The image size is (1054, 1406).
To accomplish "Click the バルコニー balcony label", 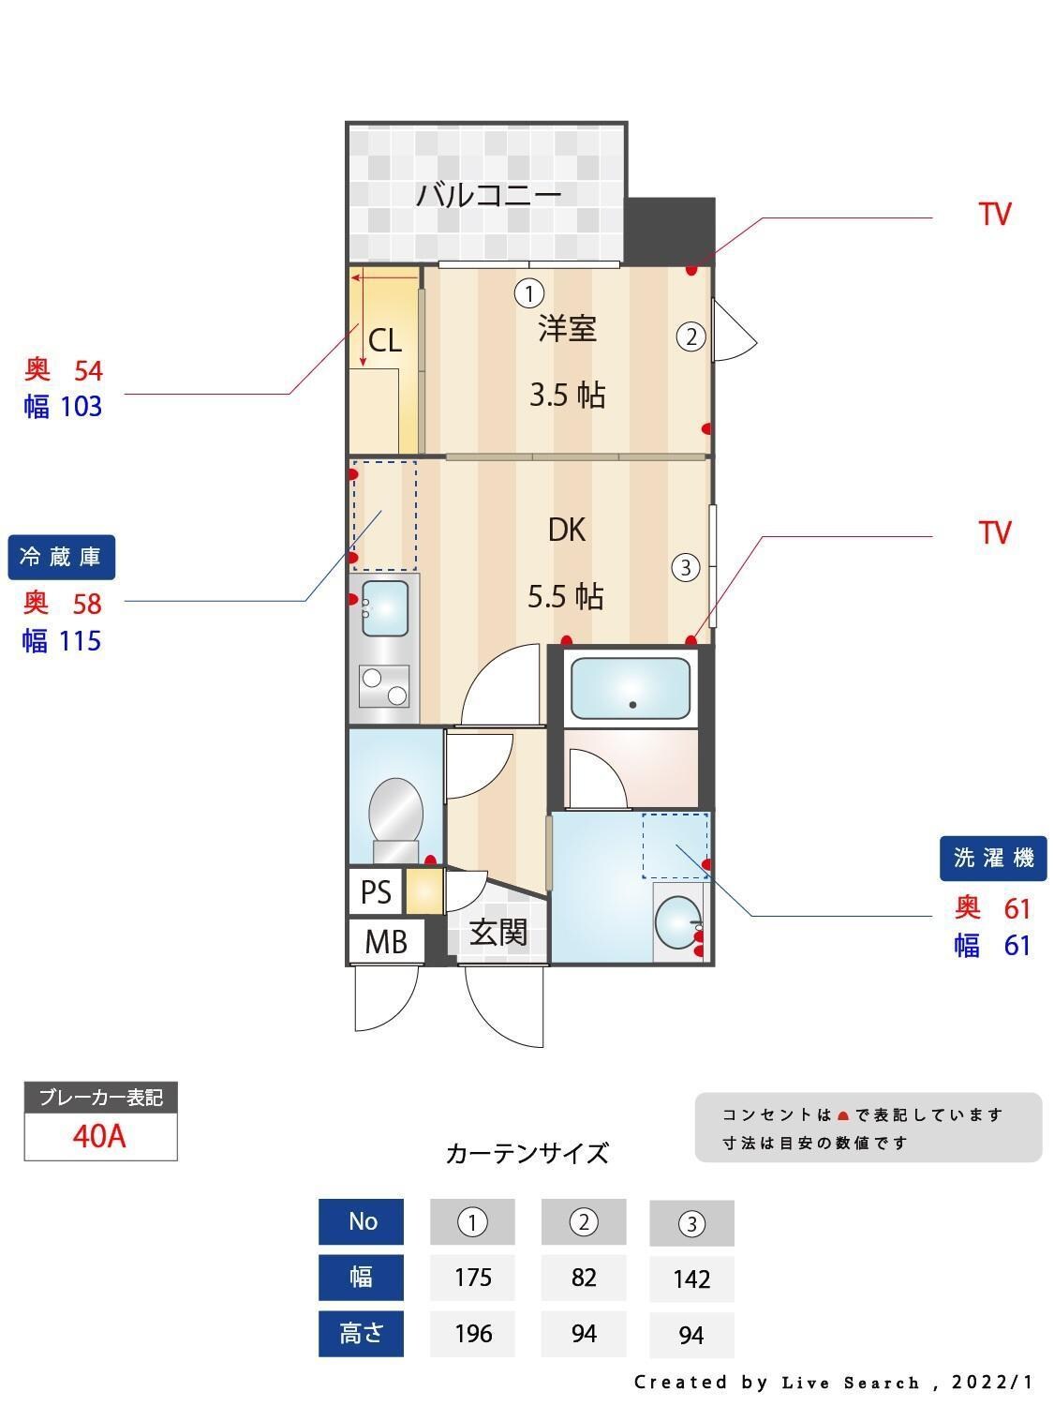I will (488, 195).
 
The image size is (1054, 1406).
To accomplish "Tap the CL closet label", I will (384, 340).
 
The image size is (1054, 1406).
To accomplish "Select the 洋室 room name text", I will (567, 329).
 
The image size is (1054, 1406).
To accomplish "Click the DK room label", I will (567, 530).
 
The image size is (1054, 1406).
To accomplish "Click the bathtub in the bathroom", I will (631, 688).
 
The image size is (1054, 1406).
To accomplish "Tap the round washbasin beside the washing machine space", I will (676, 923).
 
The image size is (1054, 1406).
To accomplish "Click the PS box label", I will (376, 891).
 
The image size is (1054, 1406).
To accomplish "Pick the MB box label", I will (386, 941).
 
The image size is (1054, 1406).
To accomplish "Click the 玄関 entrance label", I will (497, 933).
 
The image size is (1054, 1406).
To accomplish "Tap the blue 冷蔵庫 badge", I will (61, 558).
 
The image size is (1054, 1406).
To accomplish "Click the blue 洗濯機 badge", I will (993, 858).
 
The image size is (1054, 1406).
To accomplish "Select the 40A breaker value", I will (99, 1136).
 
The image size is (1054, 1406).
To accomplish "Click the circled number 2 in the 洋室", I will (691, 337).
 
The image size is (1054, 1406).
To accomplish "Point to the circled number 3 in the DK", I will (686, 567).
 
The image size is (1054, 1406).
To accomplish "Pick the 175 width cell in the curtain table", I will (472, 1278).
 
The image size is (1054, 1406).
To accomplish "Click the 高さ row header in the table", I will (361, 1333).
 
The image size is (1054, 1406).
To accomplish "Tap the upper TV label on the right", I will (995, 215).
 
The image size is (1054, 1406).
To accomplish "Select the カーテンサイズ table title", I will (527, 1153).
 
